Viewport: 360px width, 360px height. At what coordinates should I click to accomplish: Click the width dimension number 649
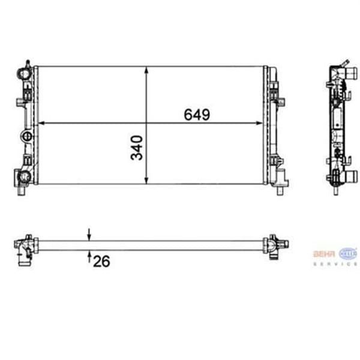coord(197,115)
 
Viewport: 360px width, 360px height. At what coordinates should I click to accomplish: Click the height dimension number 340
coord(137,148)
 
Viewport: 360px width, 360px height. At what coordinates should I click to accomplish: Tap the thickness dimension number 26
coord(102,260)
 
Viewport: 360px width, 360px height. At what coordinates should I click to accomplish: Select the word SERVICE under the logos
coord(335,264)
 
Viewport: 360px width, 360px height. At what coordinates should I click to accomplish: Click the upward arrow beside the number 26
coord(89,257)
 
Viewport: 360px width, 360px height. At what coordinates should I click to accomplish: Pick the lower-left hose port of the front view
coord(23,176)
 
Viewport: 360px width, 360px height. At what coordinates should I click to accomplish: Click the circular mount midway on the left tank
coord(26,136)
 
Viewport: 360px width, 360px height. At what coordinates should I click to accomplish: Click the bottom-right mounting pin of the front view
coord(281,191)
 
